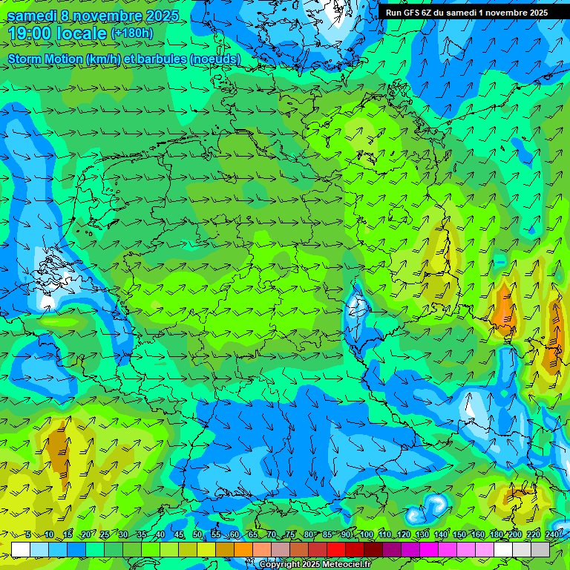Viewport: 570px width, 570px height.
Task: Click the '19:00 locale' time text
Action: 57,33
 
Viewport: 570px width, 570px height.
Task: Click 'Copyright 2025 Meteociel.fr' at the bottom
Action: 315,565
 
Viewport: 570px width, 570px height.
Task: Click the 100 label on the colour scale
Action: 366,535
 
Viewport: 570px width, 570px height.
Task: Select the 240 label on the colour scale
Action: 552,535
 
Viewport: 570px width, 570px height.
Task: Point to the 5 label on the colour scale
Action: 28,535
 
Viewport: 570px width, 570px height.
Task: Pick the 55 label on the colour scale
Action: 216,535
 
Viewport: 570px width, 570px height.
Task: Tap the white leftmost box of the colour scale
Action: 21,549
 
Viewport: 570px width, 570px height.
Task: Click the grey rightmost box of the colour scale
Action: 540,549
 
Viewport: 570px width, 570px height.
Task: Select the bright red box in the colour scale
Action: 336,549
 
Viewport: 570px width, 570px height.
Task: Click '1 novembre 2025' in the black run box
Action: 512,12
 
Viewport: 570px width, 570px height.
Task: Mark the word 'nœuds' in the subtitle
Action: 216,59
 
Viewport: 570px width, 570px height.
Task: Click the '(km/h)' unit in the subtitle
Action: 99,59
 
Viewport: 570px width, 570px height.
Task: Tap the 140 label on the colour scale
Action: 441,535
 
